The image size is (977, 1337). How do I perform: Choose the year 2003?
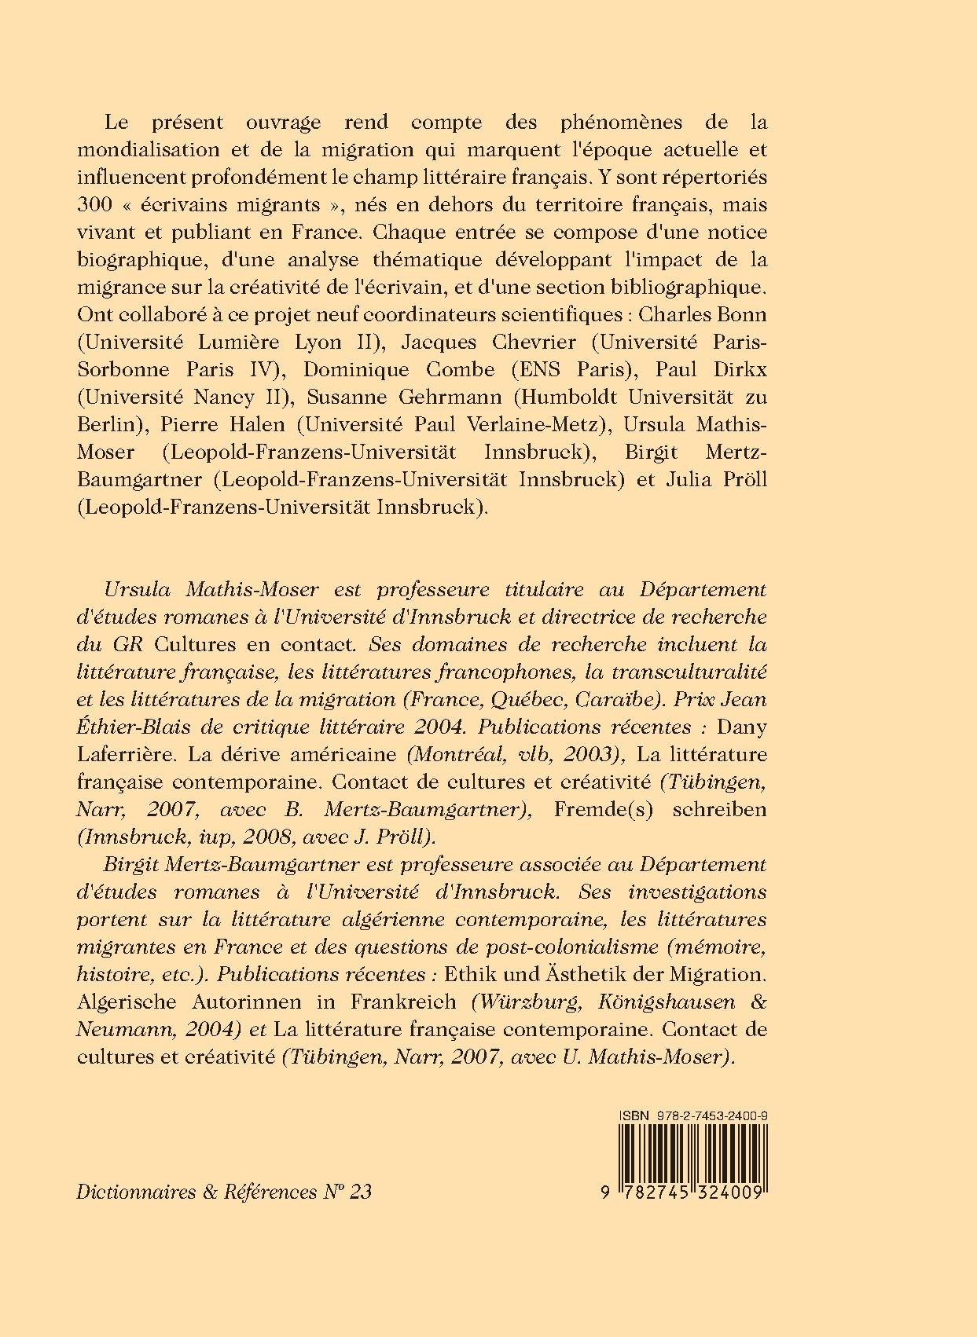click(594, 754)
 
